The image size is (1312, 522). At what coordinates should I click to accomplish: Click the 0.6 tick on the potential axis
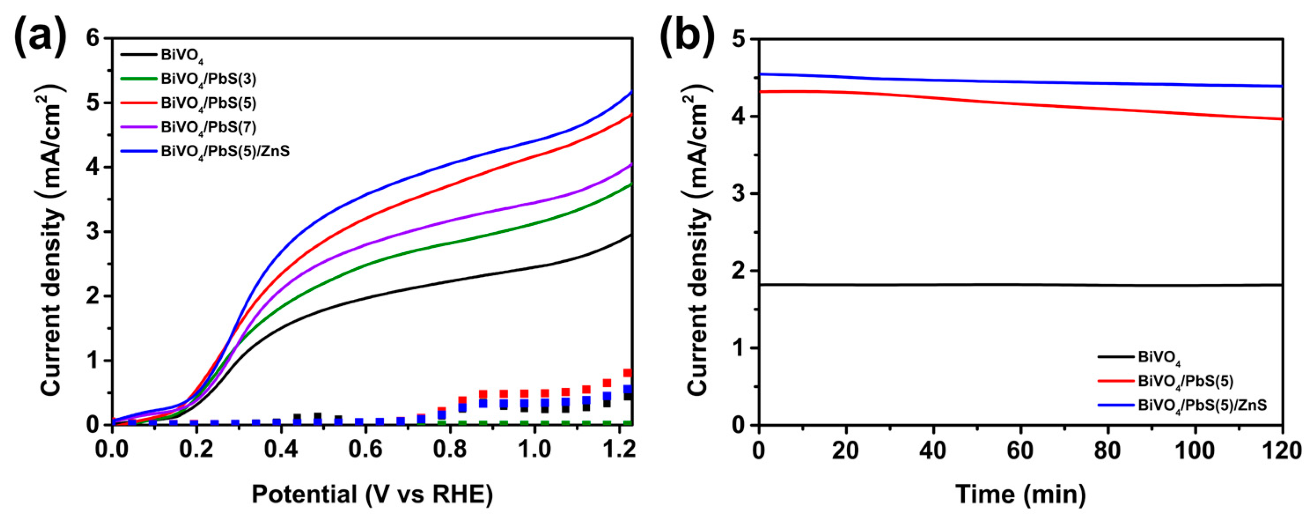[x=366, y=451]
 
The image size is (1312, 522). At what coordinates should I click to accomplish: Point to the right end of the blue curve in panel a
[x=632, y=92]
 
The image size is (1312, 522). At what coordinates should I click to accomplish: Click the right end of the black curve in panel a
[x=632, y=235]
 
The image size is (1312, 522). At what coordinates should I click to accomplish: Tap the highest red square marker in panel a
[x=628, y=373]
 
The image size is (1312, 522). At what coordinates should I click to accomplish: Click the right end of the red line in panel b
[x=1283, y=119]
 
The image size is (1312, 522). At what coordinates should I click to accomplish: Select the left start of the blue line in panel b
[x=761, y=74]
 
